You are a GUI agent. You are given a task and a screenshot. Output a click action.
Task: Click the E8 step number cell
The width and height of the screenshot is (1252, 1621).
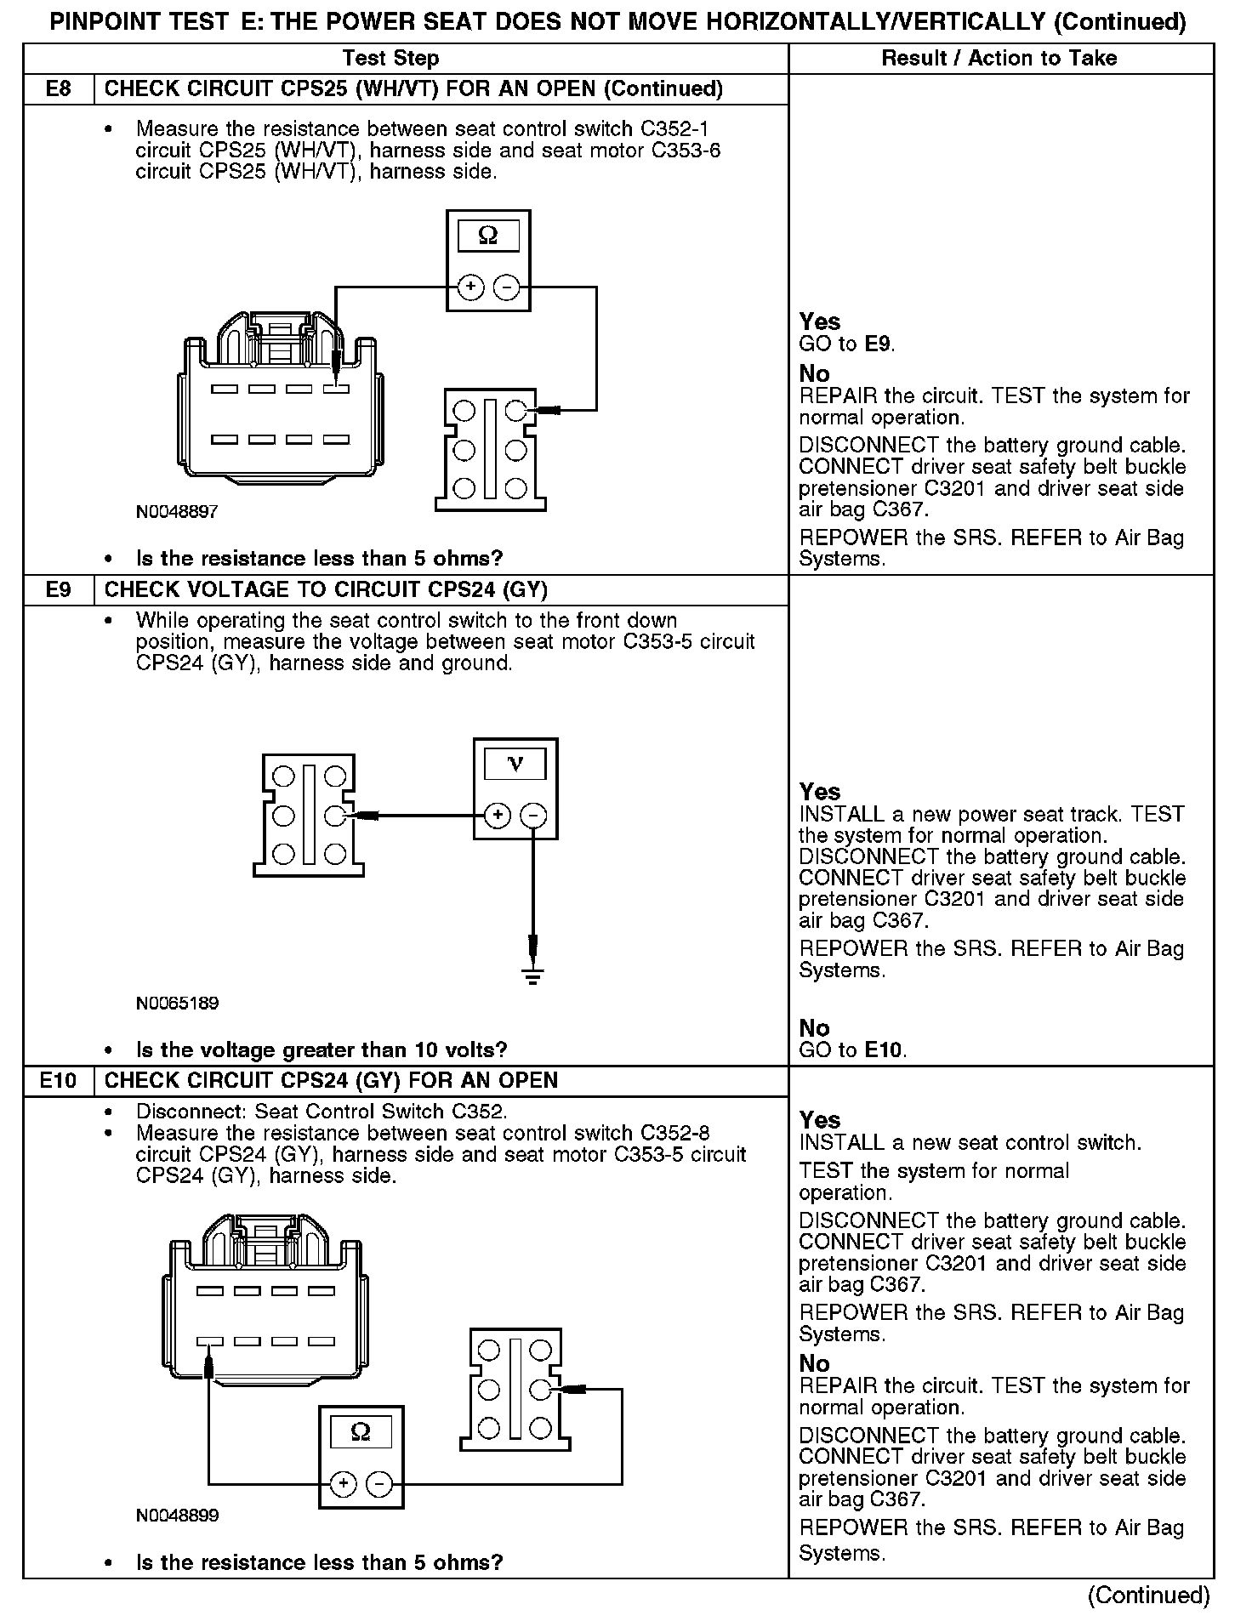point(58,89)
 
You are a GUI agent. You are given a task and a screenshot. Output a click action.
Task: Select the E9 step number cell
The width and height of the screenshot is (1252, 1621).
point(58,589)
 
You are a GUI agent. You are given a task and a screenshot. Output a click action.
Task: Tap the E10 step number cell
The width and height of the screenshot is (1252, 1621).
point(58,1080)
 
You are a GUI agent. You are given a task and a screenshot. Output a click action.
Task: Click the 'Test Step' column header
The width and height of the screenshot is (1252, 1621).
point(390,58)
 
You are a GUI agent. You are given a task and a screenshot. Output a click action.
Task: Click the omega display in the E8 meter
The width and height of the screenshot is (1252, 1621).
point(488,236)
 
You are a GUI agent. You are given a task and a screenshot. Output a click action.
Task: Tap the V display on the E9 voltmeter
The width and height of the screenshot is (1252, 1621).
point(515,763)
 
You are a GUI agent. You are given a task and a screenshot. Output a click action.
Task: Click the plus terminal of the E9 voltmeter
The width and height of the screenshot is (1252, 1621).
point(498,816)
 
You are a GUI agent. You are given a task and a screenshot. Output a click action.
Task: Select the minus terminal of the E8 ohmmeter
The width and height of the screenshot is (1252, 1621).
point(507,287)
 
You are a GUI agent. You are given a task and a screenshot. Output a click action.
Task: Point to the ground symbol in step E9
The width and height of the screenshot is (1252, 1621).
point(533,975)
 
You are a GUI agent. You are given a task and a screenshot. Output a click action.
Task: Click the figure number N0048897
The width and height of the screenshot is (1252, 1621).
point(177,512)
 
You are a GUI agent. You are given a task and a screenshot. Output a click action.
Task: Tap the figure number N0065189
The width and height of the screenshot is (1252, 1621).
point(177,1004)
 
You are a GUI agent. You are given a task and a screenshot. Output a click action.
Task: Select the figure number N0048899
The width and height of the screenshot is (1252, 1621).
point(177,1515)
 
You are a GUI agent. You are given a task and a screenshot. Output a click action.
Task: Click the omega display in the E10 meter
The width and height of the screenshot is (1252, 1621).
point(361,1433)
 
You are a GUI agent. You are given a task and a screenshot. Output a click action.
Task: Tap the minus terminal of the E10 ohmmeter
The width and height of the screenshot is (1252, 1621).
point(379,1484)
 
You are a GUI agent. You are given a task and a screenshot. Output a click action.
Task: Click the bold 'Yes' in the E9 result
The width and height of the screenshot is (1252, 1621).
point(819,792)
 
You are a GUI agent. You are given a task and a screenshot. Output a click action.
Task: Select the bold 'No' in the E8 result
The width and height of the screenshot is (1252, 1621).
point(814,373)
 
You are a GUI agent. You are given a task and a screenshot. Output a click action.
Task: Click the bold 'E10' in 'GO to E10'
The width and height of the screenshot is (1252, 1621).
point(885,1049)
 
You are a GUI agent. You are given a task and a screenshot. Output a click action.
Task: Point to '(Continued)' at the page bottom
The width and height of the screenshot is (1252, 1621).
point(1148,1595)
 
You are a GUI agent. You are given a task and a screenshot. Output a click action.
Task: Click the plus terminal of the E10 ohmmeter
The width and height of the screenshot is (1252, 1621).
point(343,1484)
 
